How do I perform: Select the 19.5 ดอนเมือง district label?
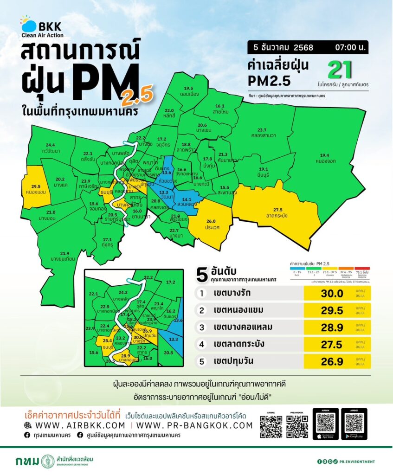click(x=188, y=91)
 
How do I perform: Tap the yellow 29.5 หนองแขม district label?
click(x=35, y=188)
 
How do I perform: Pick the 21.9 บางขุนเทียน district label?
click(x=64, y=256)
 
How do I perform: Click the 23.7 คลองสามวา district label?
click(x=262, y=133)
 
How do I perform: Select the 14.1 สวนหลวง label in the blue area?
click(x=187, y=202)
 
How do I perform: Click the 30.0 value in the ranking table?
click(x=332, y=294)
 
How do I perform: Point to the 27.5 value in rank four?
click(x=332, y=344)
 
